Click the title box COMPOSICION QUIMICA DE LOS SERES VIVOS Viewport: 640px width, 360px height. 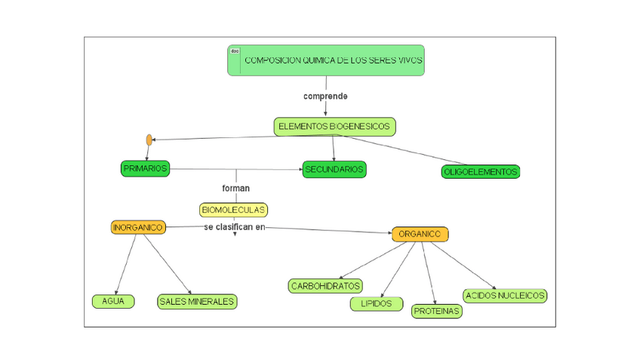[332, 60]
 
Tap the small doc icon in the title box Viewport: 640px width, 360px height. [235, 51]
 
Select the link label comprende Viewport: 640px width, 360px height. [325, 97]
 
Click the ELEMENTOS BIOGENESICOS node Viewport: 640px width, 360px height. [334, 127]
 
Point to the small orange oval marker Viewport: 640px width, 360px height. [149, 140]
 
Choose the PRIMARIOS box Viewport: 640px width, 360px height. [145, 168]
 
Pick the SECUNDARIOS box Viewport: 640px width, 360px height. [334, 169]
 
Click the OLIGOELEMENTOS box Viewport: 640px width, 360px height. [480, 172]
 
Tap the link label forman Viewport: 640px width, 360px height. [235, 188]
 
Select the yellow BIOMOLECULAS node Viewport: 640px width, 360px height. [233, 210]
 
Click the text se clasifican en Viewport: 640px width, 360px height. [235, 227]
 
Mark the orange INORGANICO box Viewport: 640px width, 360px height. [138, 227]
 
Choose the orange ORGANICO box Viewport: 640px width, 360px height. [420, 234]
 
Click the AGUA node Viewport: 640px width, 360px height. [113, 301]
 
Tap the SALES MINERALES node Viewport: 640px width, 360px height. [197, 302]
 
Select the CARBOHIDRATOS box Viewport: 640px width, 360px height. [325, 286]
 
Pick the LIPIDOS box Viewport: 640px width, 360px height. [376, 303]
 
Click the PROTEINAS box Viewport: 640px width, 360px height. [436, 311]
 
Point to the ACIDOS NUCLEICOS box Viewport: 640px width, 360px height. [505, 296]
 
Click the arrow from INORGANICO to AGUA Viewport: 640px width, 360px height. [126, 264]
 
